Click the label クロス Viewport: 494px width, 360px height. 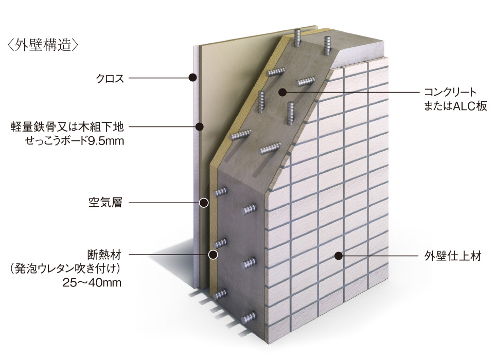110,78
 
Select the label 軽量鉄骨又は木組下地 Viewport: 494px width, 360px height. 67,127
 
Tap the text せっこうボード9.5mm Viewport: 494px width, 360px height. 74,141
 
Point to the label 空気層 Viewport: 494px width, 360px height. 105,203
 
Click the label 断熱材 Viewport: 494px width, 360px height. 104,255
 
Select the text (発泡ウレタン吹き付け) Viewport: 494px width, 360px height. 65,268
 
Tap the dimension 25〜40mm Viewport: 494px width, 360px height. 92,282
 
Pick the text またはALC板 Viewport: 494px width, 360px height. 455,106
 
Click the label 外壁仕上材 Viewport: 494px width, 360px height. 453,256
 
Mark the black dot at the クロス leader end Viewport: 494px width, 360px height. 193,78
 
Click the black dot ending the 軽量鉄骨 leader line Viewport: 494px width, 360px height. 200,127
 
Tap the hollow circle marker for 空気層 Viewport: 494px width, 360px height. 204,203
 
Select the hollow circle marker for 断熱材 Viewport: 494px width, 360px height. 213,255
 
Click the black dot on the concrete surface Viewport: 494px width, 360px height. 283,92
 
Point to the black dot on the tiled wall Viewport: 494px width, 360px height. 339,256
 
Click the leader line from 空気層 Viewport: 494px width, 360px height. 164,203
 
